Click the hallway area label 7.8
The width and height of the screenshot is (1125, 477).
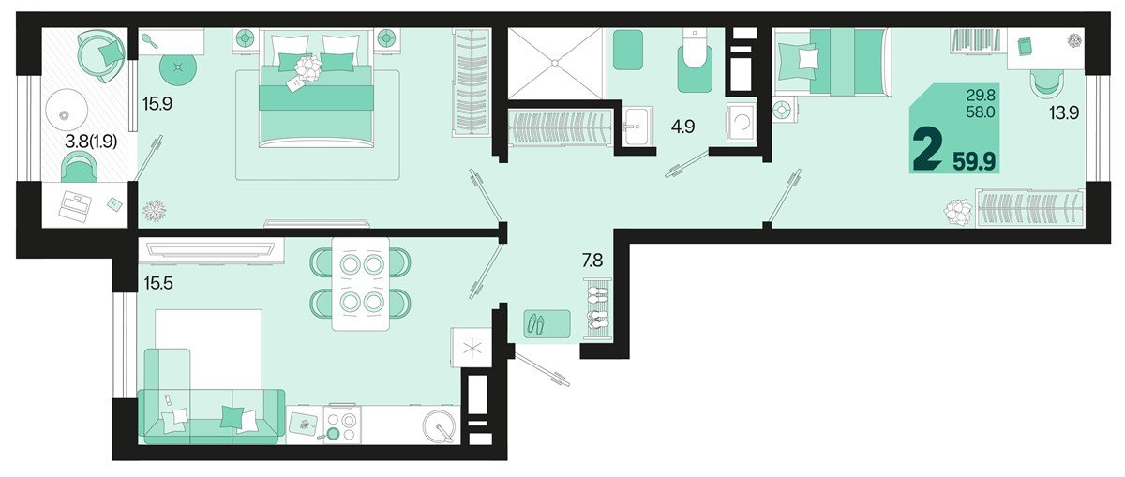point(592,261)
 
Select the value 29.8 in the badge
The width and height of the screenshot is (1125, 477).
point(981,94)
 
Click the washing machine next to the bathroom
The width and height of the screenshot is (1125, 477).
point(740,122)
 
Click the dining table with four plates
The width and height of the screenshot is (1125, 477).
point(361,283)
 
